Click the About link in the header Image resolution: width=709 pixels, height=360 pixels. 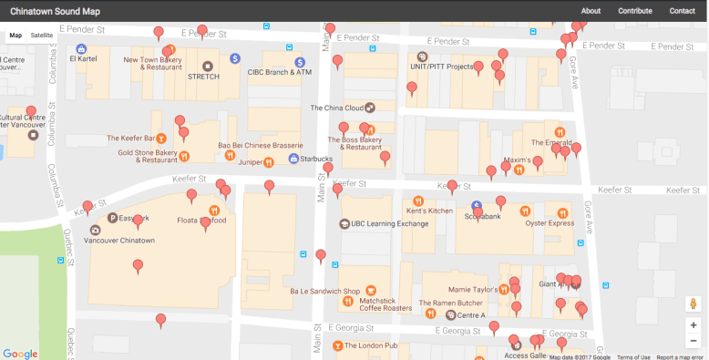(591, 11)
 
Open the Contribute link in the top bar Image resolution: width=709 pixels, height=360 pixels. (634, 11)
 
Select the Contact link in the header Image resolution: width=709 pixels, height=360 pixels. (682, 11)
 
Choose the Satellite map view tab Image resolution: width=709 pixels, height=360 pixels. (42, 35)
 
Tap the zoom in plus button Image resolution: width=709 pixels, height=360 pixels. (694, 324)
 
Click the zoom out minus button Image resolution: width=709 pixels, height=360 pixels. (694, 341)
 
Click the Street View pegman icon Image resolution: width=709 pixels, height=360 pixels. (694, 303)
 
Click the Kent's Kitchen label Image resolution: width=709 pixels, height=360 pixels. (429, 211)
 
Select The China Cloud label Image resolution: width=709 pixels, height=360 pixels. (336, 108)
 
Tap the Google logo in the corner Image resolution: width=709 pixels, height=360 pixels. (20, 353)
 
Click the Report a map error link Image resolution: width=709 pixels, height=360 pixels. (680, 357)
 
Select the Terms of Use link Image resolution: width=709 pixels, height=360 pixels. (633, 357)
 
